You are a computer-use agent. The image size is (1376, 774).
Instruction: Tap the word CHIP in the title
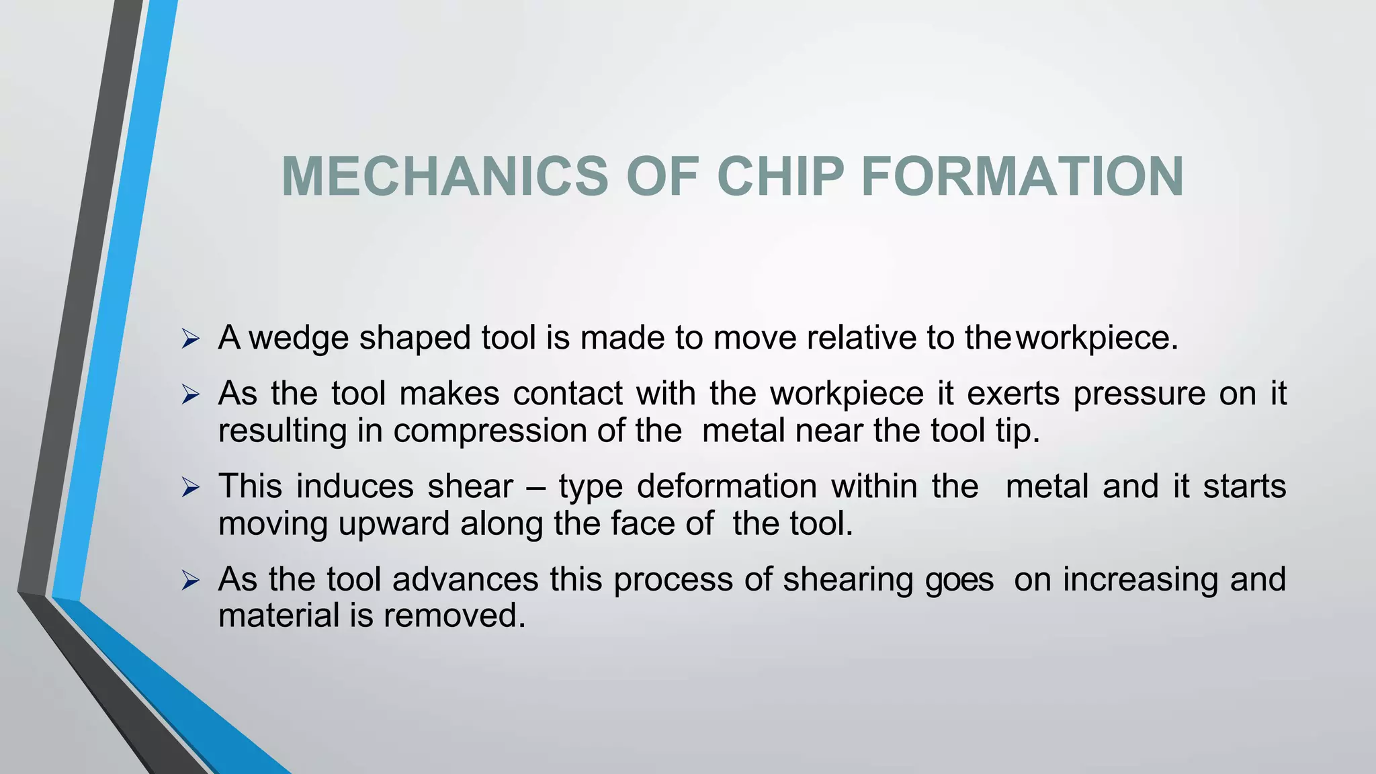click(x=779, y=177)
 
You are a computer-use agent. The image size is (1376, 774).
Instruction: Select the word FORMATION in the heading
click(x=1022, y=177)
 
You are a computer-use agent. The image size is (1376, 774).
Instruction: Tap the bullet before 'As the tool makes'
click(x=191, y=394)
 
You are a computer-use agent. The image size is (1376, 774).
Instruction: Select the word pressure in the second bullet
click(x=1139, y=394)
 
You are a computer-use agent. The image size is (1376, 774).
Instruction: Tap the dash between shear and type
click(x=535, y=487)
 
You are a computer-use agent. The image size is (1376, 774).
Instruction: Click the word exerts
click(x=1013, y=394)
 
